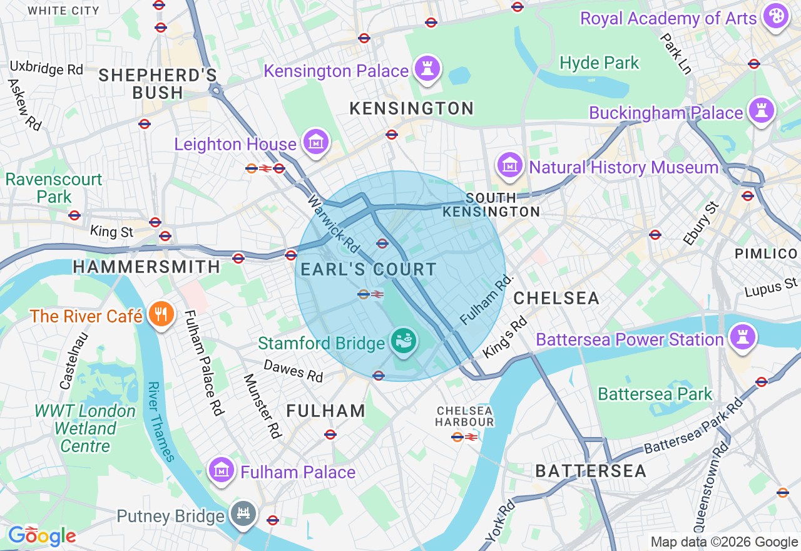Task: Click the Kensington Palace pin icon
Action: coord(427,68)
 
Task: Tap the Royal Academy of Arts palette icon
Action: coord(777,16)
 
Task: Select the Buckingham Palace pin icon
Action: coord(761,111)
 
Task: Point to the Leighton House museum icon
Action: coord(317,142)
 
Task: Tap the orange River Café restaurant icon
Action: coord(161,314)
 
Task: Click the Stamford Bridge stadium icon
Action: coord(404,341)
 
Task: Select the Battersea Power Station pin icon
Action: coord(742,337)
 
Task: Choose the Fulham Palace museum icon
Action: coord(222,470)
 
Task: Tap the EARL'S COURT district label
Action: coord(369,270)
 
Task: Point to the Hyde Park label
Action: coord(599,63)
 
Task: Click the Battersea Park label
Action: coord(655,394)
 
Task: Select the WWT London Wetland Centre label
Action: coord(85,429)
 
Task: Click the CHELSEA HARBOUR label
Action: coord(465,416)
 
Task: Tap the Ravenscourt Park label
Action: coord(53,188)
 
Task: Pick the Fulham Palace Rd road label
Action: coord(204,363)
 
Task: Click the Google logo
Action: coord(42,536)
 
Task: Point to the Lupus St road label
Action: coord(771,289)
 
